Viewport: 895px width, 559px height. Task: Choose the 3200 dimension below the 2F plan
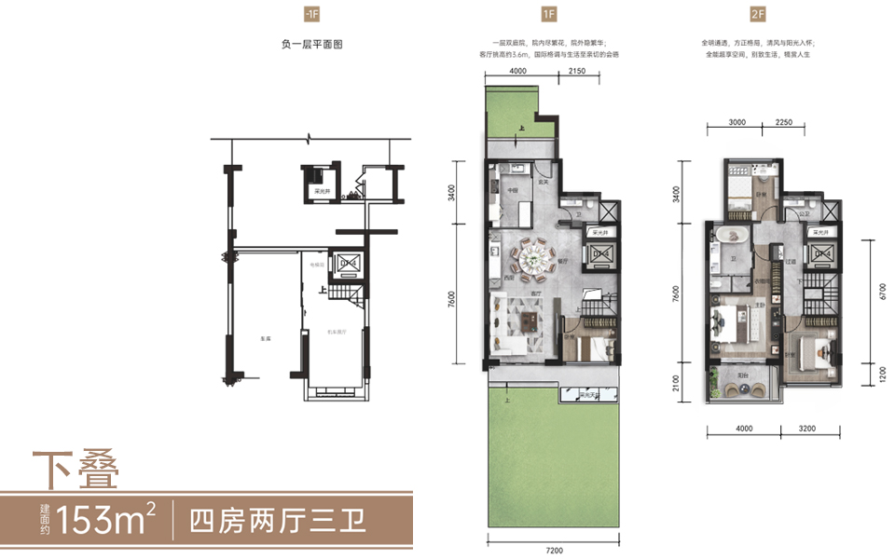coord(806,429)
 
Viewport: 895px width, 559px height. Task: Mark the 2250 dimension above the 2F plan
coord(782,122)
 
